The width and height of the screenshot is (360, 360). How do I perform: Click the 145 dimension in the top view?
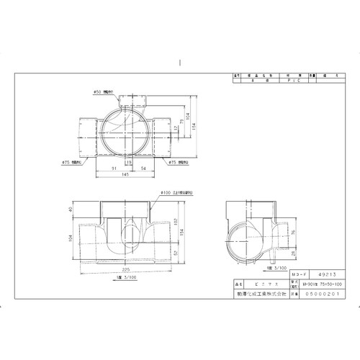[x=125, y=174]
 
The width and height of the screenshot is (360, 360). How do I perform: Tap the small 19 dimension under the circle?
[x=127, y=163]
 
